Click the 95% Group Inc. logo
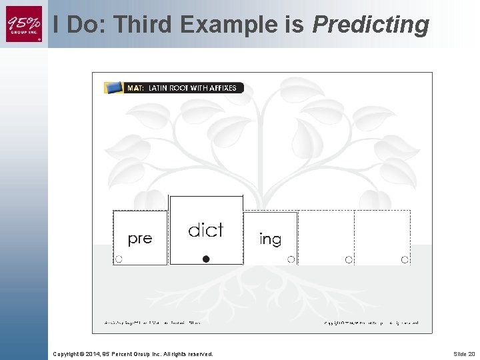[24, 23]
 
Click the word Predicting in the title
[370, 25]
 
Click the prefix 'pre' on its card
[139, 239]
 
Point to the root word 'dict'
[205, 231]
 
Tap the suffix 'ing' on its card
[270, 239]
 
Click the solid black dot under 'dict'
[206, 259]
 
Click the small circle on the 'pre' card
[119, 259]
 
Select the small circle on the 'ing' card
[291, 259]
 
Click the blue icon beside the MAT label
[114, 87]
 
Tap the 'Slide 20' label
[463, 354]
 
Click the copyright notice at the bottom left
[133, 354]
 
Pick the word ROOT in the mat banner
[181, 88]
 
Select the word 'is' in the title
[294, 25]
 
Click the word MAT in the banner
[135, 88]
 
